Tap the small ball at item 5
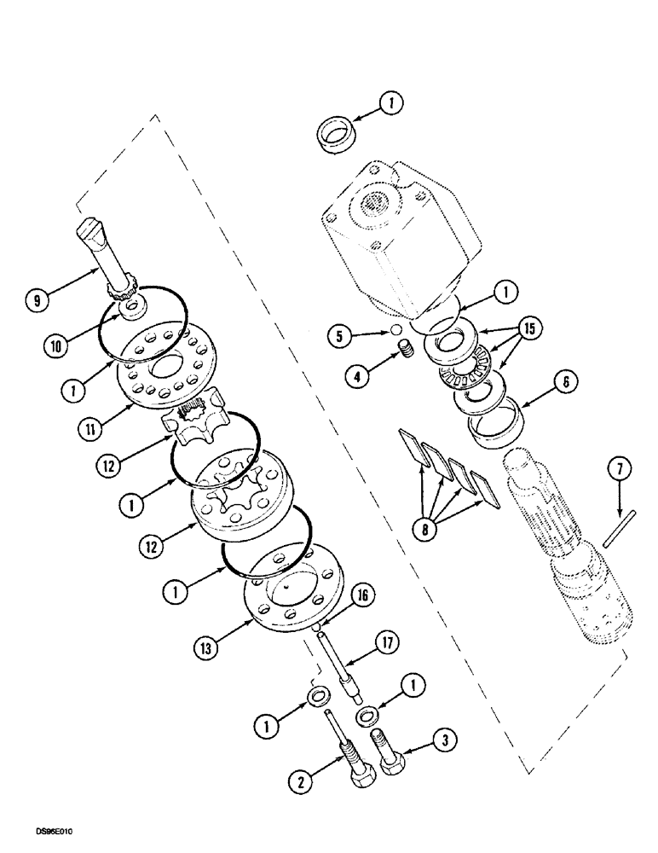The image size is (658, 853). click(x=395, y=329)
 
